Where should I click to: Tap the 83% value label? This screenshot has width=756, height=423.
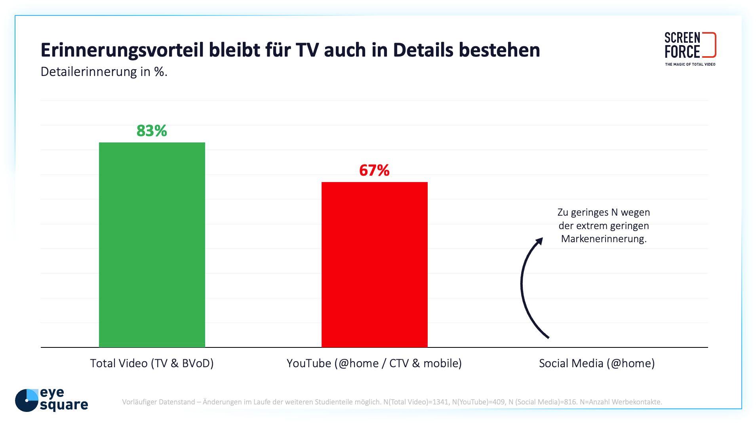click(152, 131)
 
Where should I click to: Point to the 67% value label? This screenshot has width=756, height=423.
click(374, 171)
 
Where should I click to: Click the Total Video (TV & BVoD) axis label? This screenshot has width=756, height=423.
click(152, 363)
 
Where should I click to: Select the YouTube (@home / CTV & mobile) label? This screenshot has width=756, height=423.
click(374, 363)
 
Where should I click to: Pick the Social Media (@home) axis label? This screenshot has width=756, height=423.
click(597, 363)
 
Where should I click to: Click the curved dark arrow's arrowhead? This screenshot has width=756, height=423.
click(539, 241)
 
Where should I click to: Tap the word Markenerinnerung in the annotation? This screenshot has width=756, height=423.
click(604, 239)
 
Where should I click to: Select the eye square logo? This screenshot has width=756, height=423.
click(51, 400)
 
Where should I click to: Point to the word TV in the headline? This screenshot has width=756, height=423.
click(307, 50)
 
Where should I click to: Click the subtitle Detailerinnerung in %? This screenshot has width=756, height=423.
click(104, 72)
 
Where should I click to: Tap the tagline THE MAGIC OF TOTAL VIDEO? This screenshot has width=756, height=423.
click(690, 64)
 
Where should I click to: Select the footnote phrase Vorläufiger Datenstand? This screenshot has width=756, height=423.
click(159, 402)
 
